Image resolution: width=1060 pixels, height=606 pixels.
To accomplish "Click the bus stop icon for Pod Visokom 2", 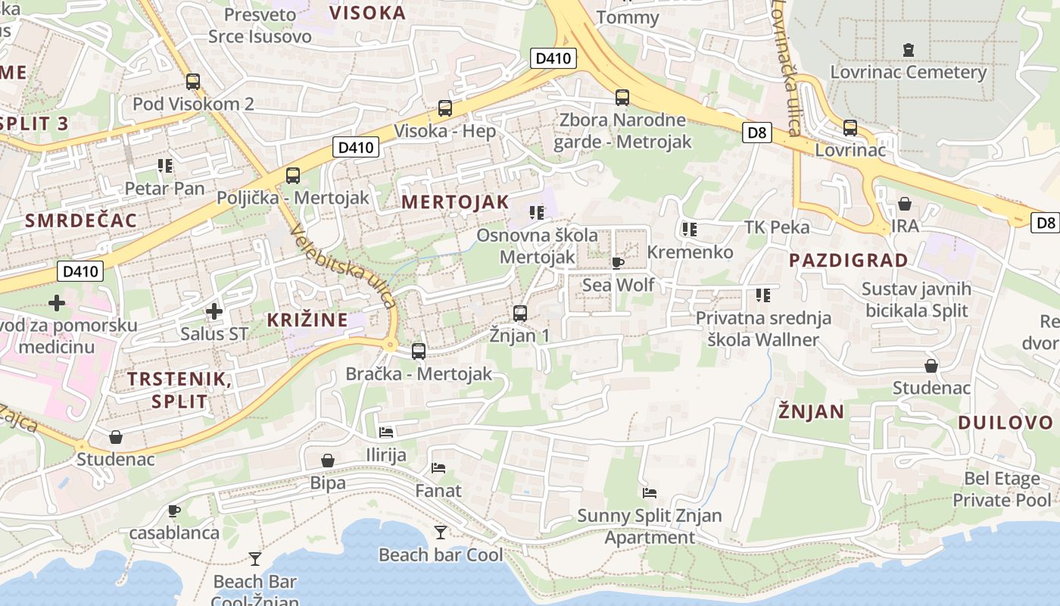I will coord(193,82).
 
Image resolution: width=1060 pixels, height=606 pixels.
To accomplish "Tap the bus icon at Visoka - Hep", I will coord(445,108).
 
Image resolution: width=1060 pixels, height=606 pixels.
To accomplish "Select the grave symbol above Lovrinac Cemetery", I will coord(908,50).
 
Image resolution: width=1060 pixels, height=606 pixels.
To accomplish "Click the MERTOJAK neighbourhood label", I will coord(455,201).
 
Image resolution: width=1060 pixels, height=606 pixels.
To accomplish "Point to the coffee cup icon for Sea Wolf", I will coord(618,263).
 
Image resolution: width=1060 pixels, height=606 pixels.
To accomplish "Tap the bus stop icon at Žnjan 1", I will coord(519,313).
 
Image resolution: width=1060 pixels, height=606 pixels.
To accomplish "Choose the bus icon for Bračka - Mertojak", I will coord(419,351).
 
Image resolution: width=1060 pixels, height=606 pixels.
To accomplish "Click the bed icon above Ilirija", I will coord(386,433).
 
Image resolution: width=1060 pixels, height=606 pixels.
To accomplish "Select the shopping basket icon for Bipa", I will coord(328,461).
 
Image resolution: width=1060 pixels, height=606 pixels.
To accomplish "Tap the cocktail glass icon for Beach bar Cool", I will coord(440,533).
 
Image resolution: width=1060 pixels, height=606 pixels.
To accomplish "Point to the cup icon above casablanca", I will coord(174,511).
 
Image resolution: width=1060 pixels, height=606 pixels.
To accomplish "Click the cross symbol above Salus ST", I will coord(214,311).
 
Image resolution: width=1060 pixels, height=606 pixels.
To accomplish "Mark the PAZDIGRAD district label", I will coord(848,261).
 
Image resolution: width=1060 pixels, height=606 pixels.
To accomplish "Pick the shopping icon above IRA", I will coord(904,204).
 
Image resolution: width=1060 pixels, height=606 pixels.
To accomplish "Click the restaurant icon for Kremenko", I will coord(690,229).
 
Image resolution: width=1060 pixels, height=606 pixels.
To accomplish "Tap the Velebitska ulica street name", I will coord(343,267).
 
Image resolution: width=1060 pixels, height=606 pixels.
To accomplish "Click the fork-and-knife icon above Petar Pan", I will coord(164,165).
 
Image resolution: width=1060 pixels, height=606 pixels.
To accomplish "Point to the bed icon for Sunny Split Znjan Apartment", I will coord(649,493).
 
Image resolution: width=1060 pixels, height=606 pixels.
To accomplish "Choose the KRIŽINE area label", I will coord(307,320).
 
